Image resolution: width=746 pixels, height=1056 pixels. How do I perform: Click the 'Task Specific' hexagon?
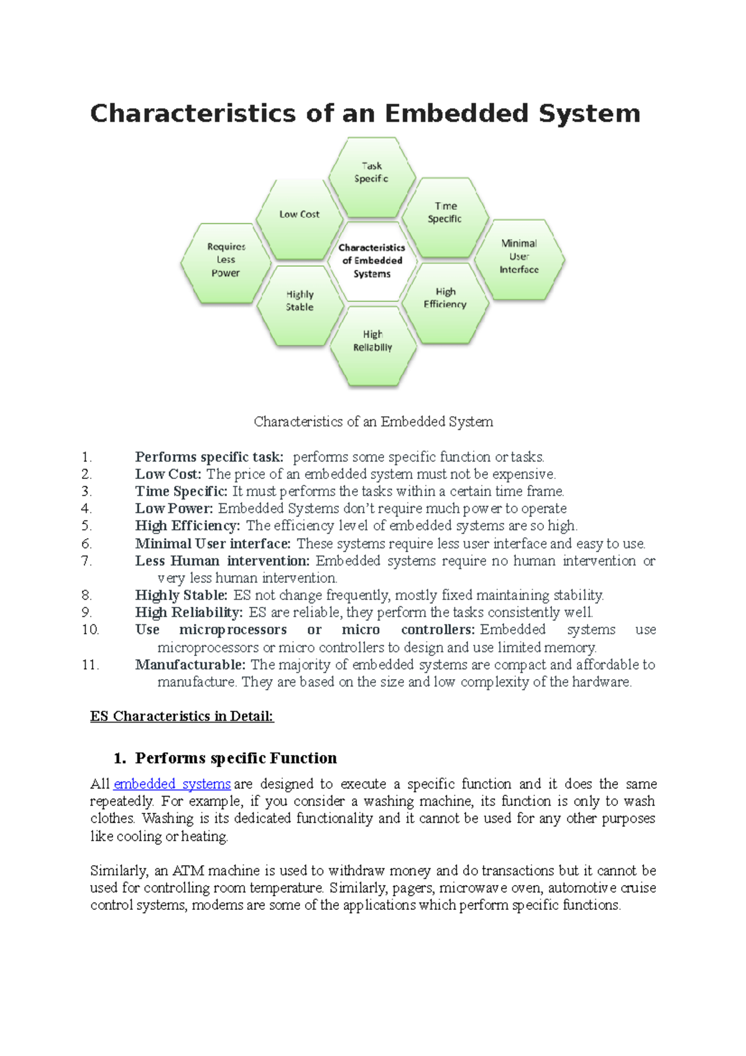click(372, 177)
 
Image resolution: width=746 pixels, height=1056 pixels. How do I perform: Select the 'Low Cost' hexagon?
click(299, 218)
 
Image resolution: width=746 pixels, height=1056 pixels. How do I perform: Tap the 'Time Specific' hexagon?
click(445, 216)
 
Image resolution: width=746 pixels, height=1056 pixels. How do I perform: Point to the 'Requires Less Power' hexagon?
click(226, 262)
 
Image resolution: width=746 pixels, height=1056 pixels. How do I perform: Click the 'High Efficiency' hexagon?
click(445, 302)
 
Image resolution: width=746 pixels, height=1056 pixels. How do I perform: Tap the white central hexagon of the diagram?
click(372, 261)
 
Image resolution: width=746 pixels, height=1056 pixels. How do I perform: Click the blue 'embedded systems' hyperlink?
click(172, 784)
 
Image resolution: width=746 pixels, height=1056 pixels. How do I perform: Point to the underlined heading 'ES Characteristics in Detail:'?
click(182, 716)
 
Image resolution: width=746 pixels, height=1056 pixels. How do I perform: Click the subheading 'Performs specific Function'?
click(236, 758)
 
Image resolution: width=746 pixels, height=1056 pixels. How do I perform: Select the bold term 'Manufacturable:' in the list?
click(190, 665)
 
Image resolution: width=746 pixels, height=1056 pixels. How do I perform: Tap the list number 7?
click(86, 561)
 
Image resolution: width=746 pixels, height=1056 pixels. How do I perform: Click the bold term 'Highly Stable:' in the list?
click(181, 595)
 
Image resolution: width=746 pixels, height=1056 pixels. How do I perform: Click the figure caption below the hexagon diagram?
click(373, 422)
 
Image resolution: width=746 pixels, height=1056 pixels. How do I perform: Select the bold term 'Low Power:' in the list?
click(174, 509)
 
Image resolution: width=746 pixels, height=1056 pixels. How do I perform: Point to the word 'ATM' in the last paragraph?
click(188, 871)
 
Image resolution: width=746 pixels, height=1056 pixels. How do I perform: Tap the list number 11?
click(90, 665)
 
